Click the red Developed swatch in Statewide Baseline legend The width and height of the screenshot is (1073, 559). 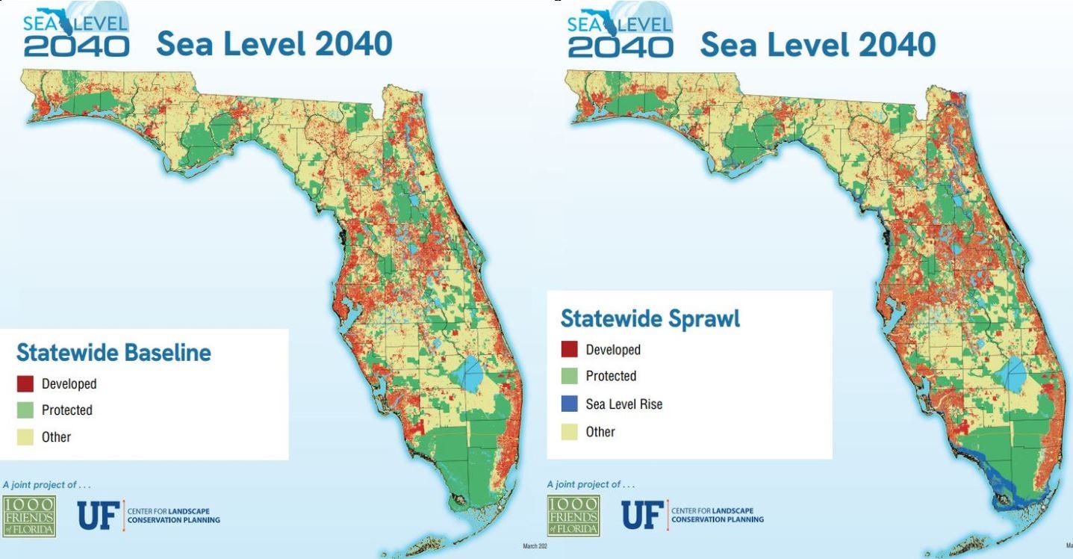click(x=25, y=384)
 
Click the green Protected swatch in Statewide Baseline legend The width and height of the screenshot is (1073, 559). click(x=25, y=410)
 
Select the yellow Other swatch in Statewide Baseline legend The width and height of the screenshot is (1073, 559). click(x=25, y=436)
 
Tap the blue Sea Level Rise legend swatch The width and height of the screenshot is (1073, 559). click(x=569, y=404)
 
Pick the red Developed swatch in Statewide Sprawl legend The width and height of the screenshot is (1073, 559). click(x=569, y=350)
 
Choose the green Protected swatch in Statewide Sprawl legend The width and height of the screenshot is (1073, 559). click(x=569, y=377)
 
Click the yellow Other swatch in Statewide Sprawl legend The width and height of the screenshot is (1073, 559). click(x=569, y=431)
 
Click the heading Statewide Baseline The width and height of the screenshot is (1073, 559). click(x=113, y=352)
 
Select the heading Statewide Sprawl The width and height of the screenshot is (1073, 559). click(x=650, y=318)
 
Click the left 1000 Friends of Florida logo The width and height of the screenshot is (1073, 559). click(x=29, y=516)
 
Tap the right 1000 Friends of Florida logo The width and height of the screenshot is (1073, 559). click(x=573, y=516)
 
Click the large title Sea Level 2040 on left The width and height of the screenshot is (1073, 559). click(x=273, y=44)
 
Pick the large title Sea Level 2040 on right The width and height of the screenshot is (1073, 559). click(x=818, y=44)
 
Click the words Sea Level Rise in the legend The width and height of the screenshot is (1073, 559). click(x=623, y=404)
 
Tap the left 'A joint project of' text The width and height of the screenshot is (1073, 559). click(x=47, y=484)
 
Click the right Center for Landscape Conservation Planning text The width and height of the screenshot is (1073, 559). click(x=717, y=516)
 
